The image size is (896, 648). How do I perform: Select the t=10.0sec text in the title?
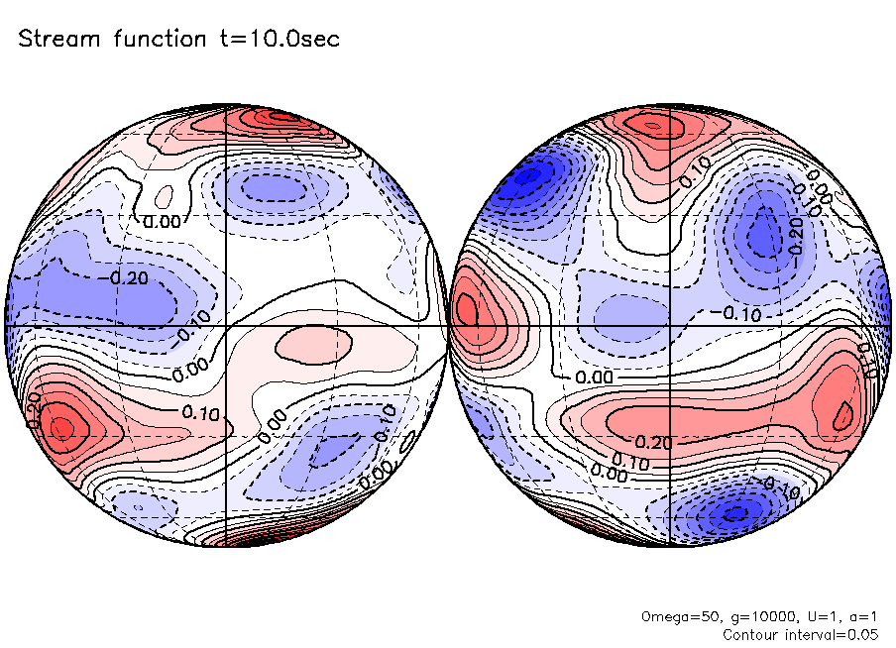[x=282, y=41]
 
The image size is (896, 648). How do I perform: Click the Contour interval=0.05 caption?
[x=800, y=634]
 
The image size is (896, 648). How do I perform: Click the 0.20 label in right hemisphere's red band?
[x=648, y=442]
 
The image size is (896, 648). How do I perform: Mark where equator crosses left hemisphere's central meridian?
[x=227, y=325]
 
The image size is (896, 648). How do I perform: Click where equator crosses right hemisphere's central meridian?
[x=671, y=325]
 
